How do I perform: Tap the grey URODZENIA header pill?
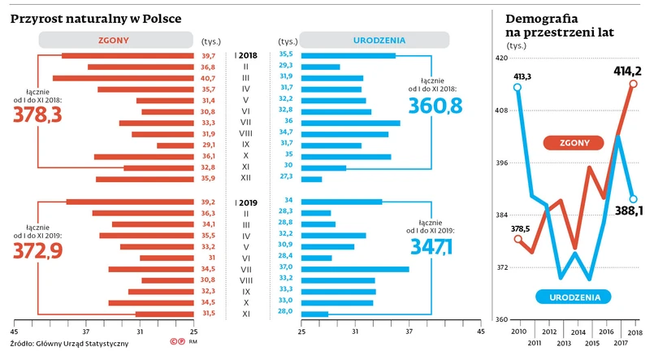coord(379,40)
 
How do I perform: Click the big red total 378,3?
coord(37,115)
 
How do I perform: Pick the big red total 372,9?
coord(37,251)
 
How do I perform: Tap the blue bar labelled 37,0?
coord(355,268)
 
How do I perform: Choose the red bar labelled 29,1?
coord(175,145)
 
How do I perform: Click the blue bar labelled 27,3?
coord(311,179)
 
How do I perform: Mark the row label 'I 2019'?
coord(245,202)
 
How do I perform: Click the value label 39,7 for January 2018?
coord(208,55)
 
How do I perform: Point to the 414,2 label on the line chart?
coord(629,70)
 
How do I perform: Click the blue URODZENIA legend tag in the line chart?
coord(574,297)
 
